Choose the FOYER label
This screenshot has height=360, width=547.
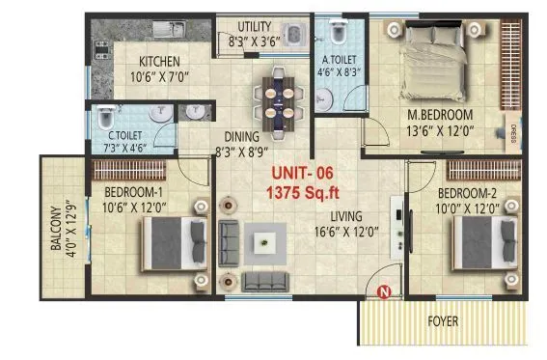click(x=444, y=320)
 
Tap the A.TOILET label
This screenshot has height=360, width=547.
click(x=340, y=56)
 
